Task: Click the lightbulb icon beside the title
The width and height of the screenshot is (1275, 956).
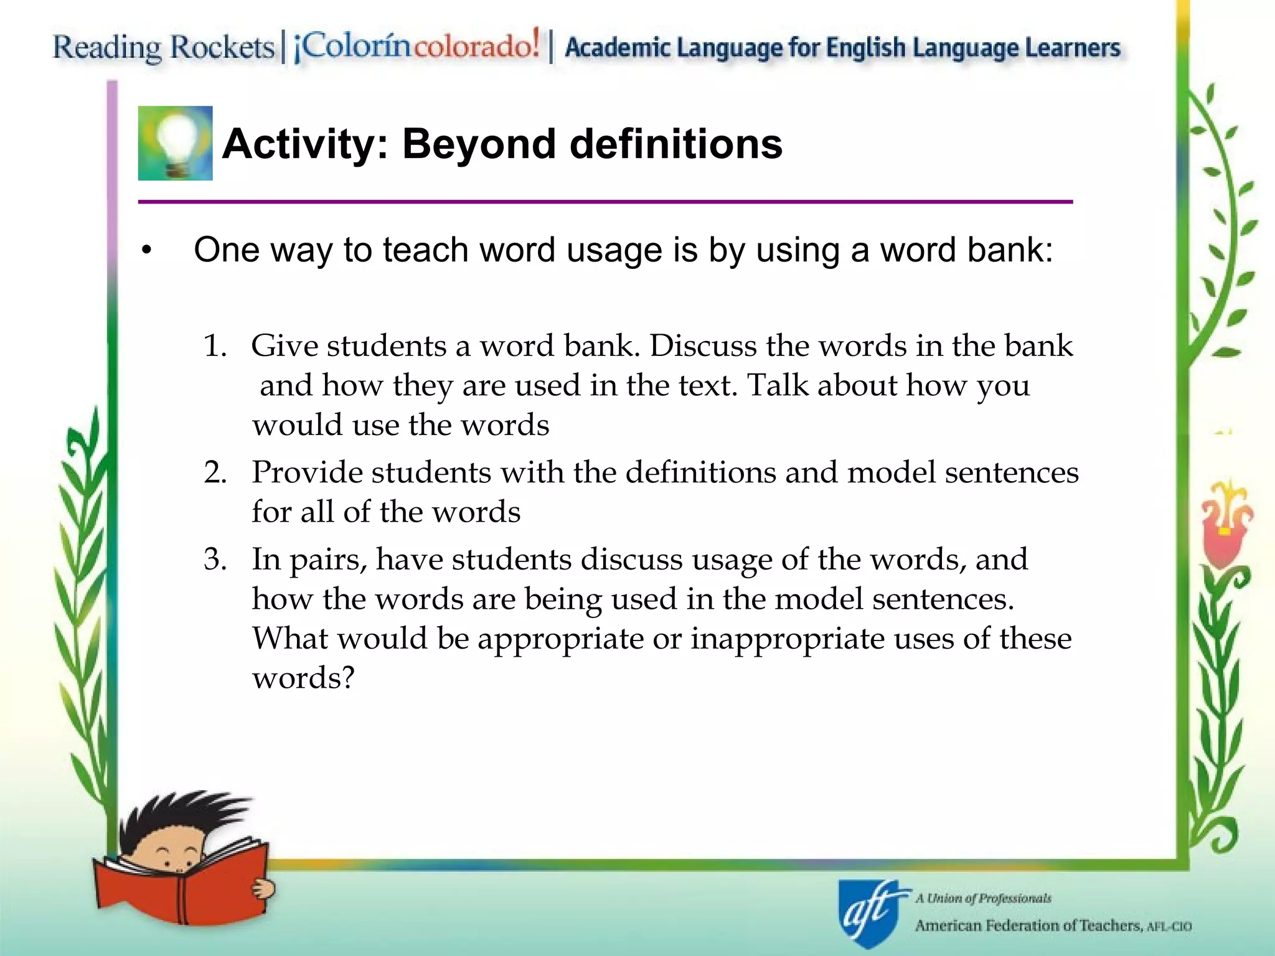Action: pyautogui.click(x=175, y=143)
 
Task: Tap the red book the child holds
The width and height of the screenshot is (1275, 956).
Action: pyautogui.click(x=181, y=884)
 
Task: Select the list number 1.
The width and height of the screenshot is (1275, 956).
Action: pyautogui.click(x=214, y=346)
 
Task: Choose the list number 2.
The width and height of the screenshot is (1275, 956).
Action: pyautogui.click(x=214, y=472)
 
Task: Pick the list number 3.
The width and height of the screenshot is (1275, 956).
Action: pyautogui.click(x=214, y=560)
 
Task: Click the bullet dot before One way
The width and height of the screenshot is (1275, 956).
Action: pyautogui.click(x=146, y=251)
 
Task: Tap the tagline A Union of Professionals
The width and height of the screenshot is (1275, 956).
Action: pyautogui.click(x=983, y=898)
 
